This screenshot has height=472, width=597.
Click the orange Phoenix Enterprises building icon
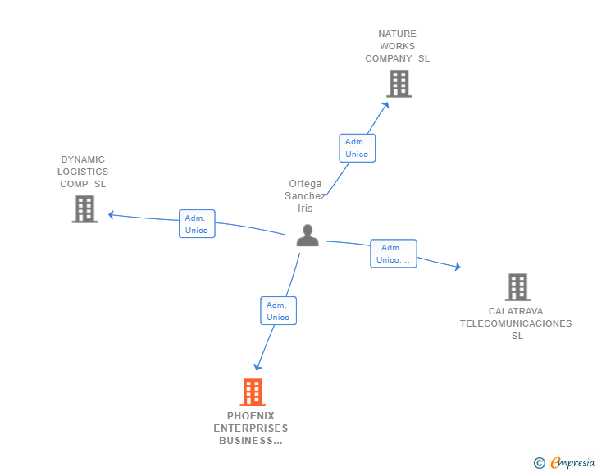coord(253,392)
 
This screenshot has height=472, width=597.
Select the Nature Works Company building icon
coord(399,84)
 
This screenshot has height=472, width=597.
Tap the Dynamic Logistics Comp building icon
coord(84,209)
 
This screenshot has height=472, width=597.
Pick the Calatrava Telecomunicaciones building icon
coord(517,287)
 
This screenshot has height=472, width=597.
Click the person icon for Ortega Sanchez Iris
coord(307,236)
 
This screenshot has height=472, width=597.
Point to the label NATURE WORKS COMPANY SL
coord(398,46)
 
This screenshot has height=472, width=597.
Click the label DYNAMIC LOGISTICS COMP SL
coord(83,172)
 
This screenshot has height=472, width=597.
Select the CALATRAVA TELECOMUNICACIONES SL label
coord(516,323)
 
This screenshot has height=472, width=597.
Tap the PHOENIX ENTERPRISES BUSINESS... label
coord(251,428)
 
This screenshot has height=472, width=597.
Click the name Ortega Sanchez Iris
coord(305,196)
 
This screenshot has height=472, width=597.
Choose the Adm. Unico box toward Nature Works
coord(357,148)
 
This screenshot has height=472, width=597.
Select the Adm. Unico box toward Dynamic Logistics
coord(197,224)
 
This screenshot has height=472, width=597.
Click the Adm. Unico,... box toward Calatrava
coord(393,254)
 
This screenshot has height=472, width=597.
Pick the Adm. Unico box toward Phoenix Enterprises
coord(278,311)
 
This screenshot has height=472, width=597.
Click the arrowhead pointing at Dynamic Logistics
coord(111,215)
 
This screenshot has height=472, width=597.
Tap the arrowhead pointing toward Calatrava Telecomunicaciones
coord(458,266)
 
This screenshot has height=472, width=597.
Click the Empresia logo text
coord(573,463)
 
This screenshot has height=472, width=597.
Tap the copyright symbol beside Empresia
coord(540,463)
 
